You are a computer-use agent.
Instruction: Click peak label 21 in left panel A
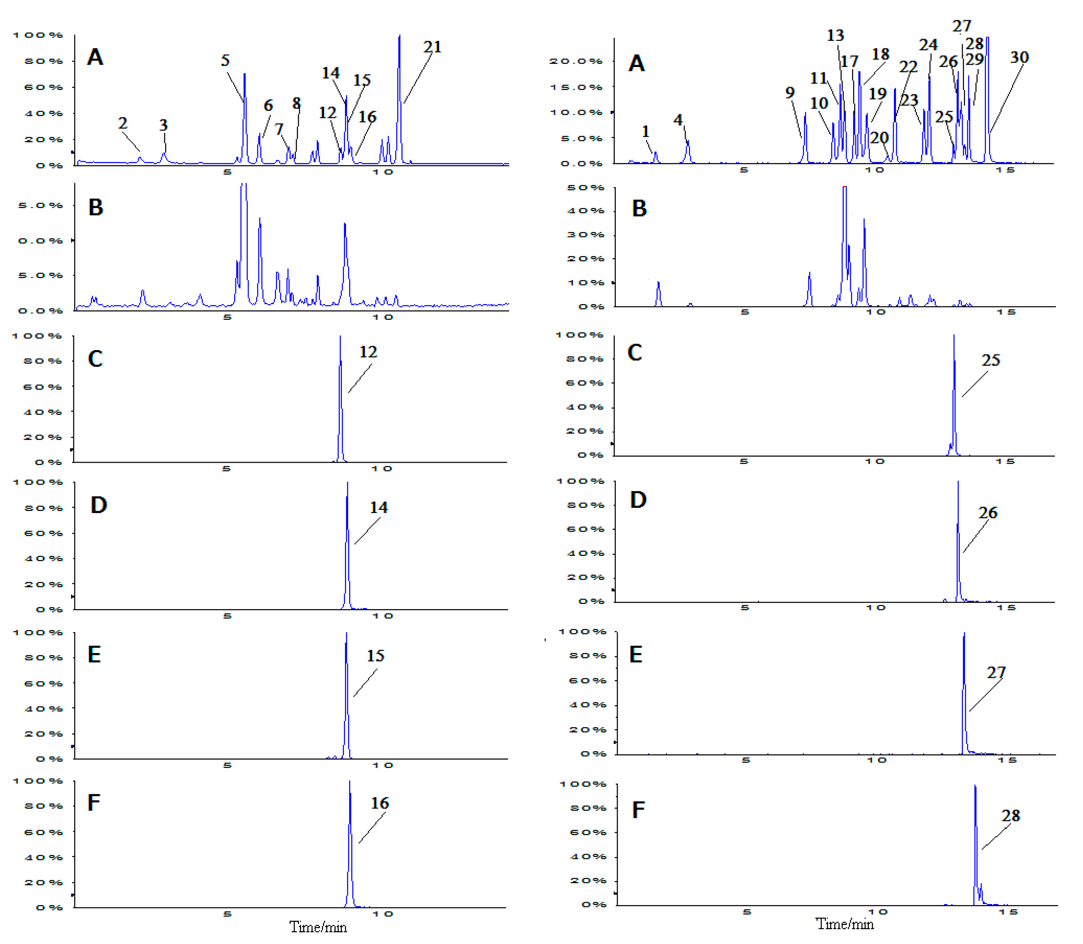pyautogui.click(x=432, y=47)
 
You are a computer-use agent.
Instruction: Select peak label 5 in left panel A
pyautogui.click(x=225, y=60)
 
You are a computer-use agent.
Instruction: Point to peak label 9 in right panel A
pyautogui.click(x=790, y=93)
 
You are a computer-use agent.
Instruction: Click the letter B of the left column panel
pyautogui.click(x=96, y=208)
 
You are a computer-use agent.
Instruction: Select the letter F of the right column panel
pyautogui.click(x=638, y=810)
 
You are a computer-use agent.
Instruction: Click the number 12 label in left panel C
pyautogui.click(x=368, y=352)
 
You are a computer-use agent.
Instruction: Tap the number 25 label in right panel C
pyautogui.click(x=990, y=360)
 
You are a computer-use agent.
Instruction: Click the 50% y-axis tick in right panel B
pyautogui.click(x=585, y=188)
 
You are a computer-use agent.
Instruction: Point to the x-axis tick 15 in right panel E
pyautogui.click(x=1006, y=760)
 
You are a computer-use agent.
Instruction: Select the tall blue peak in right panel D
pyautogui.click(x=958, y=542)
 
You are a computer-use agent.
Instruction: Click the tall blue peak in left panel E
pyautogui.click(x=346, y=695)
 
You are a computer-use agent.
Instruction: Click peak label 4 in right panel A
pyautogui.click(x=678, y=120)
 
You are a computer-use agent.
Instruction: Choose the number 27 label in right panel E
pyautogui.click(x=996, y=673)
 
